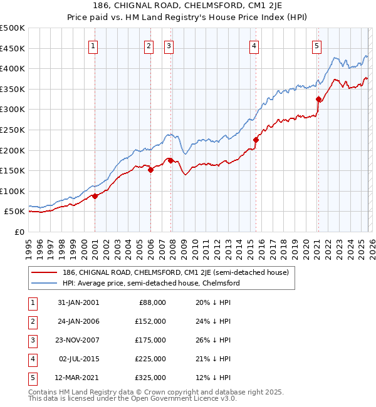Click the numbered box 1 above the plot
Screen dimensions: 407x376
pyautogui.click(x=93, y=45)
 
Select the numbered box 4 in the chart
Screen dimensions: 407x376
pyautogui.click(x=254, y=45)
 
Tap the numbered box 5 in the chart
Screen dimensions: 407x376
pyautogui.click(x=316, y=45)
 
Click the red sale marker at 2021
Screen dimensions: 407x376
pyautogui.click(x=318, y=99)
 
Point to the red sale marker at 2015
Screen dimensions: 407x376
pyautogui.click(x=256, y=140)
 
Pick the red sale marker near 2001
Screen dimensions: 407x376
pyautogui.click(x=95, y=196)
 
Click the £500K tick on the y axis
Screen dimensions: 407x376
pyautogui.click(x=13, y=28)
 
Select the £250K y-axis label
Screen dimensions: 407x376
pyautogui.click(x=13, y=130)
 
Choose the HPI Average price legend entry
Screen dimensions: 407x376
pyautogui.click(x=151, y=283)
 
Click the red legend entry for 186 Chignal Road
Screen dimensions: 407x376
pyautogui.click(x=175, y=272)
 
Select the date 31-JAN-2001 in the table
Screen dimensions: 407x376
pyautogui.click(x=78, y=302)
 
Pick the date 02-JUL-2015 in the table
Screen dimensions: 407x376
pyautogui.click(x=79, y=359)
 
